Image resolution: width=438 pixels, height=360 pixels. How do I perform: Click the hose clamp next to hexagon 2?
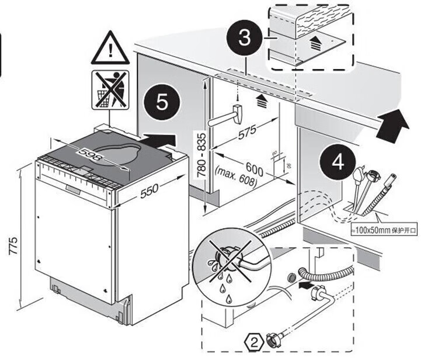pos(272,338)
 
